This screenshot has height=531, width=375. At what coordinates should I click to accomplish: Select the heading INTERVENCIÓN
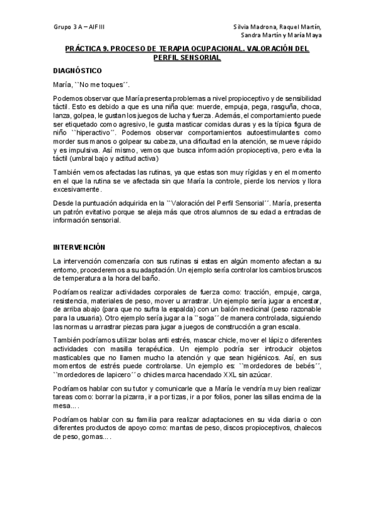pyautogui.click(x=79, y=247)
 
